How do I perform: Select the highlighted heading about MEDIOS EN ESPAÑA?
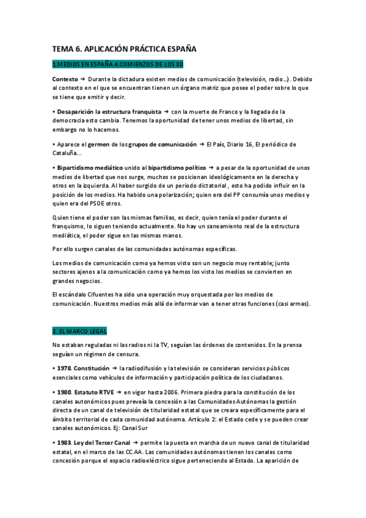(118, 64)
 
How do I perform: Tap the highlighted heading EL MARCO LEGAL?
(79, 331)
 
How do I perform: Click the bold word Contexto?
(65, 79)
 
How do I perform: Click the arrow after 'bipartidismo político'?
(211, 167)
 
